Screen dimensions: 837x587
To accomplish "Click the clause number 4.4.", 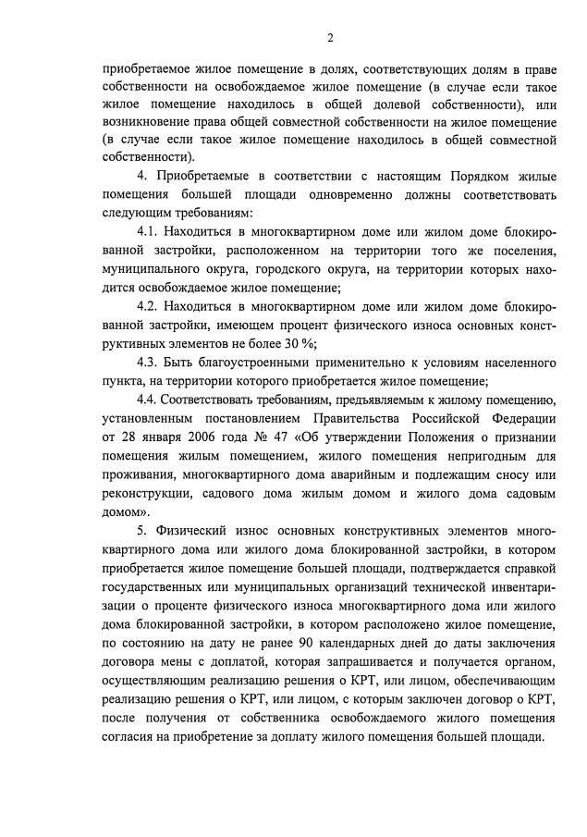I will pyautogui.click(x=149, y=400).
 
